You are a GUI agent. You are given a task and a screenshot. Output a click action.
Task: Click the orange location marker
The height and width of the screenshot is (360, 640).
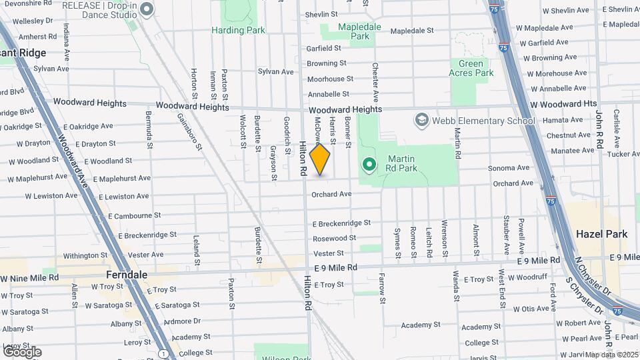(x=320, y=159)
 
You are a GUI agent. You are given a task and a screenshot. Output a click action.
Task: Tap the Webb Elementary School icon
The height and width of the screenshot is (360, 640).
(x=421, y=120)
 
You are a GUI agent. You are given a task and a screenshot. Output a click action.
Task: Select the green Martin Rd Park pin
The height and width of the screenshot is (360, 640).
(x=369, y=163)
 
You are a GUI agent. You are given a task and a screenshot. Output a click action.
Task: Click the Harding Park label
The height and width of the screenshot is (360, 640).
(x=238, y=30)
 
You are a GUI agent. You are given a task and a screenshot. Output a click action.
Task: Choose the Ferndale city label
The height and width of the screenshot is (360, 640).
(x=127, y=275)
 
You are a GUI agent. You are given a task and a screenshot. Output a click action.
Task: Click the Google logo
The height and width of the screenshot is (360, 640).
(x=21, y=352)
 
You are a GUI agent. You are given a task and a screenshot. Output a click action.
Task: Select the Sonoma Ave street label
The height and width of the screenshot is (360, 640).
(x=509, y=168)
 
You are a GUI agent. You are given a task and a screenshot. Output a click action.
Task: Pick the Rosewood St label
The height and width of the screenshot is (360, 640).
(x=335, y=238)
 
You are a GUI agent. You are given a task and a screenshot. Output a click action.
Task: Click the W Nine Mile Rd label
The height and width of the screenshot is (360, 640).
(x=29, y=277)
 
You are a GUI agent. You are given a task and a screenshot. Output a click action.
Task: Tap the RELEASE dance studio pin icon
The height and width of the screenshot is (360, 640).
(x=147, y=9)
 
